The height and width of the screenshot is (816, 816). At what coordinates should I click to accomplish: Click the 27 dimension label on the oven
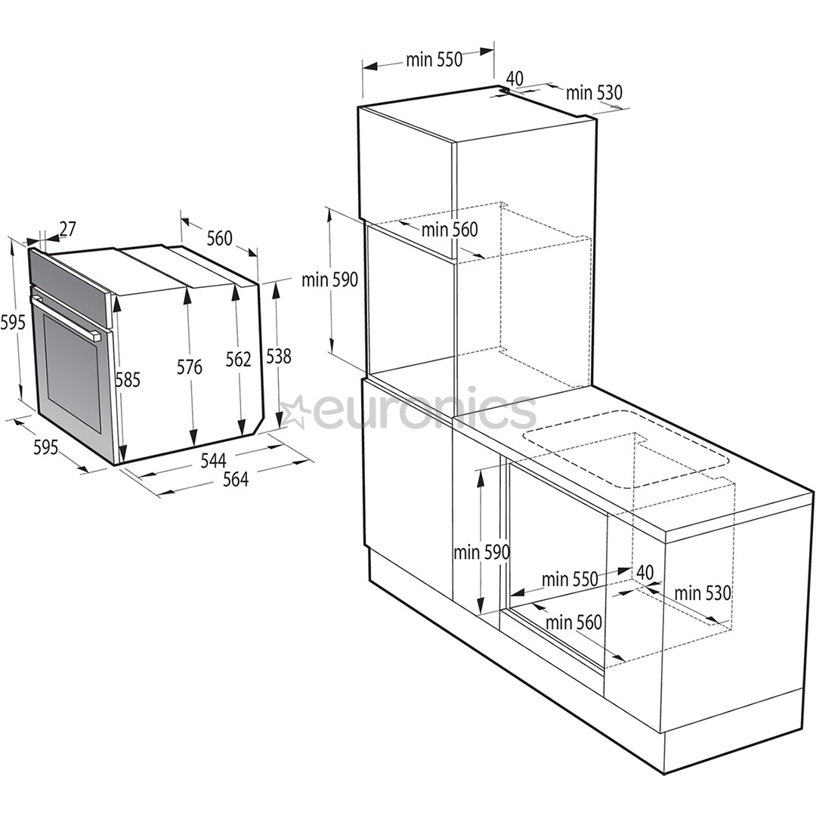click(x=67, y=228)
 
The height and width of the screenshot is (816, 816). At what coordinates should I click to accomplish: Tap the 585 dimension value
click(x=128, y=379)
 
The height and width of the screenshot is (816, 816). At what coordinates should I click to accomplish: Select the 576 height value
click(x=190, y=367)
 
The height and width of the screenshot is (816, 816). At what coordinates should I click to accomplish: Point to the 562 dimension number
click(x=238, y=360)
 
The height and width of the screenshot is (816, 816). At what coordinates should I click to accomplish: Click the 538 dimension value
click(x=279, y=356)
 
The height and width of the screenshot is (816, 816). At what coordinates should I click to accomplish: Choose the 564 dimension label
click(x=235, y=479)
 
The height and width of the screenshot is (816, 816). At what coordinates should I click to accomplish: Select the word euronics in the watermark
click(x=424, y=410)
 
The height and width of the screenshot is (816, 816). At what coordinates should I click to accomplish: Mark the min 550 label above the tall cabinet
click(x=434, y=60)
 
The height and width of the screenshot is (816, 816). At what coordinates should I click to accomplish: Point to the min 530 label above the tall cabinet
click(x=594, y=92)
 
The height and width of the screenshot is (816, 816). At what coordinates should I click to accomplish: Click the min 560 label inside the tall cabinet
click(x=450, y=229)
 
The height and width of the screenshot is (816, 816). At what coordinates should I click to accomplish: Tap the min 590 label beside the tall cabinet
click(x=329, y=280)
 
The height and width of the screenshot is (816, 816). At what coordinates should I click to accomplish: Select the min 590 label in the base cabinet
click(x=481, y=552)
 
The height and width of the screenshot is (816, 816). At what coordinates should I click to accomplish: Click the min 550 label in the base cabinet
click(x=570, y=580)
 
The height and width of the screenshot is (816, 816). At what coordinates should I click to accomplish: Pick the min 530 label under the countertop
click(x=703, y=593)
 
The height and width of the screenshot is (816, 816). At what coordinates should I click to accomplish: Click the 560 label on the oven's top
click(x=219, y=239)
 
